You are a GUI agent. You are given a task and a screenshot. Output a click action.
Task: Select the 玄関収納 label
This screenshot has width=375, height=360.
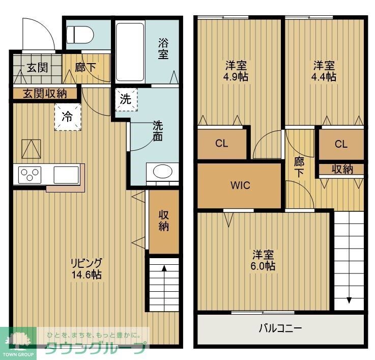(x=45, y=94)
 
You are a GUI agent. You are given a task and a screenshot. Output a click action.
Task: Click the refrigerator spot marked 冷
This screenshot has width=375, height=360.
(x=67, y=116)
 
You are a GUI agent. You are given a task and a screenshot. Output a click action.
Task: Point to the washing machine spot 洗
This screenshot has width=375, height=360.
(x=125, y=99)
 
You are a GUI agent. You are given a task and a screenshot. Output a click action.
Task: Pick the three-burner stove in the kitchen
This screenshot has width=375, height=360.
(x=30, y=175)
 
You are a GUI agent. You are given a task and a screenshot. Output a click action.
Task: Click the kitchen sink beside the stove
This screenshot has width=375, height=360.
(x=66, y=174)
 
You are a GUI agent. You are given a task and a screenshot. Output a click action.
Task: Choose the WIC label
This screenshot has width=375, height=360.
(x=240, y=185)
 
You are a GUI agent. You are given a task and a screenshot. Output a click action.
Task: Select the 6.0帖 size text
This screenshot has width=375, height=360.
(x=263, y=265)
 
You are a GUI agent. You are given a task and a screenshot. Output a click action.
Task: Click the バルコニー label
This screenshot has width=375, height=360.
(x=280, y=328)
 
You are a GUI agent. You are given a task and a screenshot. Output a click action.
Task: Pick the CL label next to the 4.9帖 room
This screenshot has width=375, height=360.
(x=221, y=144)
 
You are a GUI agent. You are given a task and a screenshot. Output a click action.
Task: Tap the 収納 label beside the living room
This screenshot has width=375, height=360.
(x=163, y=220)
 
